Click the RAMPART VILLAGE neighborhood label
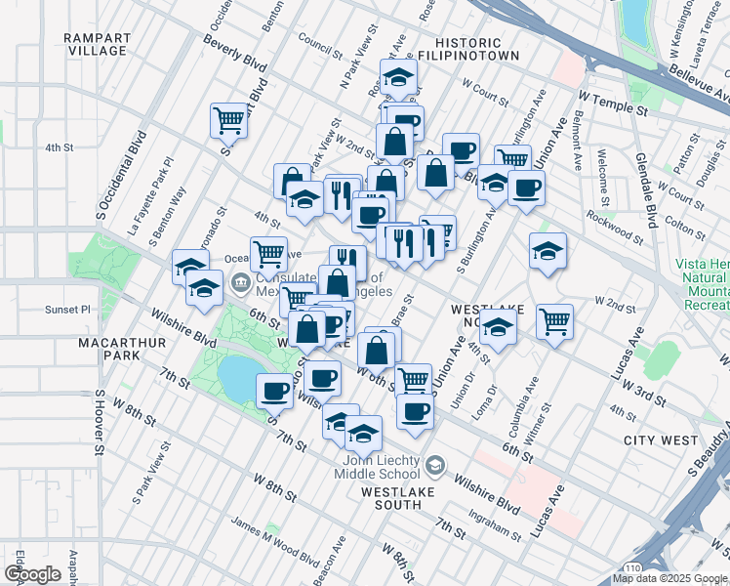97,44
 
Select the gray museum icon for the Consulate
240,284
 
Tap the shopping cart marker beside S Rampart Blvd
228,121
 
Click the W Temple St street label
613,105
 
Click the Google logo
32,574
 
